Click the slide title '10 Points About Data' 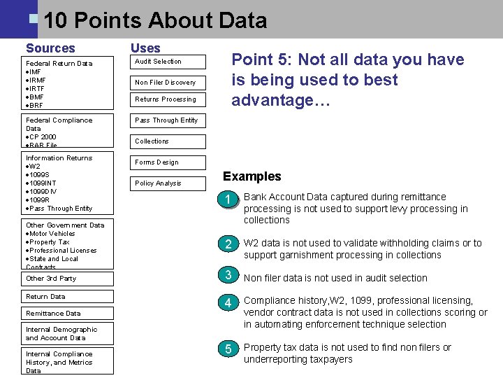click(154, 20)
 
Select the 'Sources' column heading click(50, 48)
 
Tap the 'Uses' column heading click(145, 48)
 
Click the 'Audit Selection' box click(167, 62)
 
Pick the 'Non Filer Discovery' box click(167, 83)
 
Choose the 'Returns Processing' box click(167, 99)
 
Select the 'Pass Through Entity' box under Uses click(167, 120)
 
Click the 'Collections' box click(167, 141)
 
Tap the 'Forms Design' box click(167, 162)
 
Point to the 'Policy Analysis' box click(167, 183)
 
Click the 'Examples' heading click(251, 176)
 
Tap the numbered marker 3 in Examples click(227, 275)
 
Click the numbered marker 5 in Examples click(227, 349)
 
